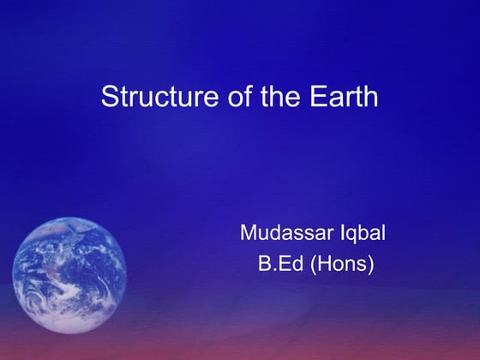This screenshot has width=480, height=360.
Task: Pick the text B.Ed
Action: point(281,263)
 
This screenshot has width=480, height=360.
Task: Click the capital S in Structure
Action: point(109,96)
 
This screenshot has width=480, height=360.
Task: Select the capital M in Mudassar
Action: point(249,232)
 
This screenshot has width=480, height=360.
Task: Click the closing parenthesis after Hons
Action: point(371,264)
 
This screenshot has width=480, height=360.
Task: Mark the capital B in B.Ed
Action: point(264,263)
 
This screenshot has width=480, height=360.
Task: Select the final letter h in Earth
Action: point(370,96)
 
